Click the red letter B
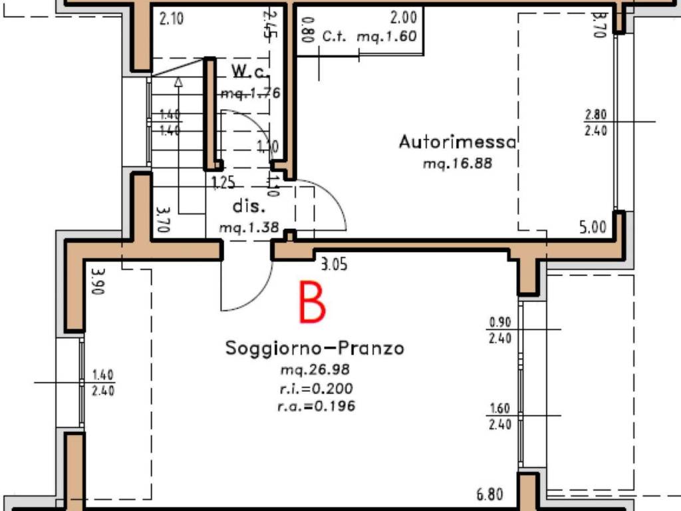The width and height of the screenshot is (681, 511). pyautogui.click(x=313, y=303)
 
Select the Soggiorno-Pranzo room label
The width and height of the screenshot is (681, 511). pyautogui.click(x=315, y=348)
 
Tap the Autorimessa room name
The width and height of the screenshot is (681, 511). pyautogui.click(x=458, y=142)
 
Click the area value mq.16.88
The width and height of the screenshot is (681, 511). pyautogui.click(x=458, y=162)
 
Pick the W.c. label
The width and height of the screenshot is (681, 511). pyautogui.click(x=248, y=71)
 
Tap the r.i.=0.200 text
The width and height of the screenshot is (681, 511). pyautogui.click(x=315, y=389)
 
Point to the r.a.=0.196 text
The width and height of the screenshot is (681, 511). pyautogui.click(x=316, y=406)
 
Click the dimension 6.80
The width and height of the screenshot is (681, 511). pyautogui.click(x=490, y=494)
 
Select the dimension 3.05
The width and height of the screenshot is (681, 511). pyautogui.click(x=334, y=265)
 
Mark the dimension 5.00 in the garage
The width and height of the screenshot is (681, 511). pyautogui.click(x=593, y=228)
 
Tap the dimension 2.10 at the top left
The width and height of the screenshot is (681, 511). pyautogui.click(x=172, y=19)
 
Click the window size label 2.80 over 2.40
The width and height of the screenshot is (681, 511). pyautogui.click(x=596, y=122)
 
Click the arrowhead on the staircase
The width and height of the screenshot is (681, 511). pyautogui.click(x=178, y=82)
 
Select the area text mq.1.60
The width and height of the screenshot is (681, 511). pyautogui.click(x=387, y=37)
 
